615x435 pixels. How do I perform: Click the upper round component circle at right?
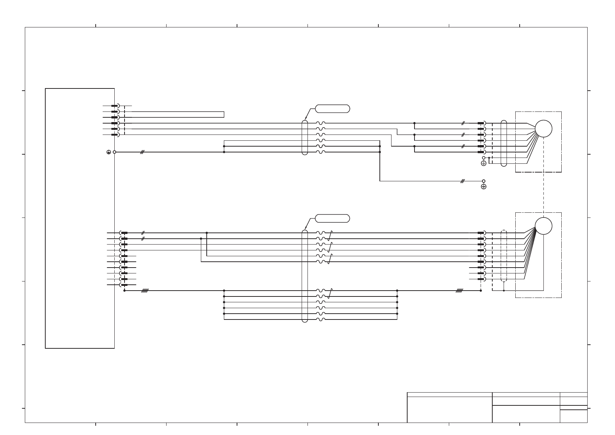543,129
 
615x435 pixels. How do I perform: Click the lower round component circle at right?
543,226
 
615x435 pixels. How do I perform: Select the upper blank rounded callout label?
332,109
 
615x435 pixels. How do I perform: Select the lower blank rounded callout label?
332,219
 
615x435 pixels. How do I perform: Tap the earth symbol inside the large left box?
108,152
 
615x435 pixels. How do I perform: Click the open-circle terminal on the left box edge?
114,152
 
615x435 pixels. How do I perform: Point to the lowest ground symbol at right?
484,187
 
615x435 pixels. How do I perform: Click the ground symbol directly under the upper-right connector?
484,163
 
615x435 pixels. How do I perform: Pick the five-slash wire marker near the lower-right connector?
459,291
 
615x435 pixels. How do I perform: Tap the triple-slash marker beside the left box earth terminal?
142,152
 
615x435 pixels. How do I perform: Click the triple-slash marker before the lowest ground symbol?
462,181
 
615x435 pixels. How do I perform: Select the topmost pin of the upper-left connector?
115,106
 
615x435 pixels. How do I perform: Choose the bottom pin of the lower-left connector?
123,285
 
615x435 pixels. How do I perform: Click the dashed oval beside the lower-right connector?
504,256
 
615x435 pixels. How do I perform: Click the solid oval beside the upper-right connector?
504,143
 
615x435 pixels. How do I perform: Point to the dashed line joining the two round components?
544,192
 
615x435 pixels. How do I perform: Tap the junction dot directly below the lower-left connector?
125,291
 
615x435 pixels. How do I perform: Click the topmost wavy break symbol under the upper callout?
321,123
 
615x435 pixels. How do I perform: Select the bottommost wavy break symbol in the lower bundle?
321,319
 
